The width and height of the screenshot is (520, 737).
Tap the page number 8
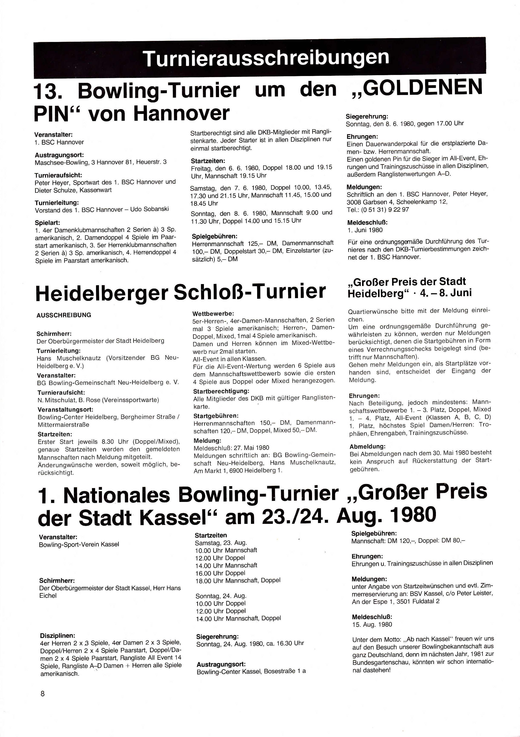pyautogui.click(x=43, y=693)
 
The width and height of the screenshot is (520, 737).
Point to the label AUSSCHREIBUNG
pyautogui.click(x=64, y=315)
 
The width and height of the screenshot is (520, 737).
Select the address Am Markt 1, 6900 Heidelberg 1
pyautogui.click(x=238, y=471)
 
